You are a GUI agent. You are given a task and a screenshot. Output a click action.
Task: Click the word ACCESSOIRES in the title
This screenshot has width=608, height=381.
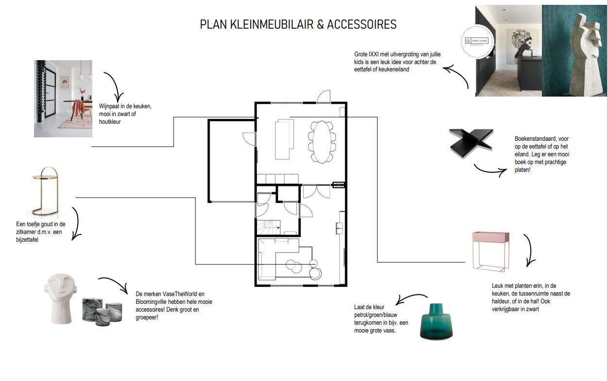[362, 24]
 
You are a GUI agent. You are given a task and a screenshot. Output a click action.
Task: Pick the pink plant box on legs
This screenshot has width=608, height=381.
[491, 250]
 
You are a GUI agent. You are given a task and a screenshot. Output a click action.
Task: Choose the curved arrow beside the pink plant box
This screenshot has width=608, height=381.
[529, 250]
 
